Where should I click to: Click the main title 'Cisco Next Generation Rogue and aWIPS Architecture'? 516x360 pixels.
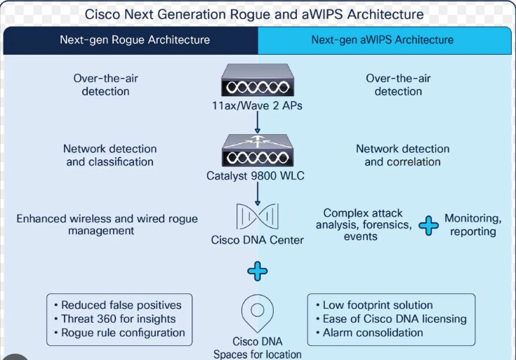pyautogui.click(x=253, y=14)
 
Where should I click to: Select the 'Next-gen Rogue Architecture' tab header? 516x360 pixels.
pyautogui.click(x=134, y=40)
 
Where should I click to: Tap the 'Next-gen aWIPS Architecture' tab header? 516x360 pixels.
pyautogui.click(x=382, y=40)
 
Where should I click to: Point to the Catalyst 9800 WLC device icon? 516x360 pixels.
pyautogui.click(x=257, y=149)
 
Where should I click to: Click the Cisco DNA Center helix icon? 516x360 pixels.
pyautogui.click(x=257, y=217)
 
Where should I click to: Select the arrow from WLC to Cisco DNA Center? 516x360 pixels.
pyautogui.click(x=257, y=191)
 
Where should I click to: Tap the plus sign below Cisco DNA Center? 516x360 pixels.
pyautogui.click(x=258, y=271)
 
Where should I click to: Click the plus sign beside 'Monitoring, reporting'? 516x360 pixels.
pyautogui.click(x=428, y=225)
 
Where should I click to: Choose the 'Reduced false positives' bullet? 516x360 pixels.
pyautogui.click(x=117, y=305)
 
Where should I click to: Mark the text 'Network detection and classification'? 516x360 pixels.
pyautogui.click(x=110, y=155)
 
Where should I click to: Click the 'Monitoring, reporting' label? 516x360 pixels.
pyautogui.click(x=472, y=225)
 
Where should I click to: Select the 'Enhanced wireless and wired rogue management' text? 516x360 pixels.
pyautogui.click(x=107, y=225)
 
